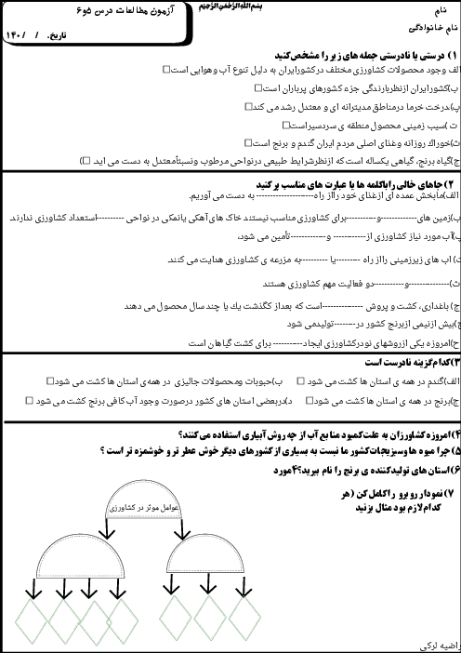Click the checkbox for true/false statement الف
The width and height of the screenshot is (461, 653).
165,69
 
